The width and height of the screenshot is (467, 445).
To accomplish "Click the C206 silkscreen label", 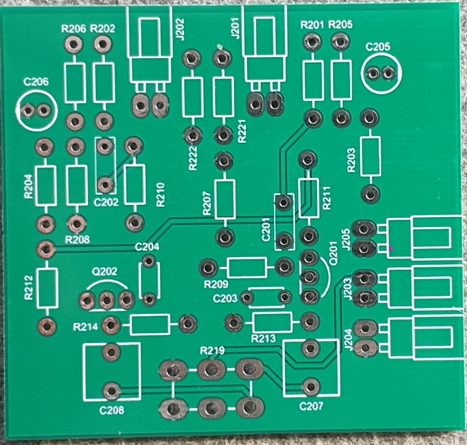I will (36, 82).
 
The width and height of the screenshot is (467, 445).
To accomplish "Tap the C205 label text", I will (378, 47).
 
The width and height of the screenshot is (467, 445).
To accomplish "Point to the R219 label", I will (212, 350).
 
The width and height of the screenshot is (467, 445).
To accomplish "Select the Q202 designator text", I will (105, 271).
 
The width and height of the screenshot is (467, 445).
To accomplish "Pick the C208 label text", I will (112, 411).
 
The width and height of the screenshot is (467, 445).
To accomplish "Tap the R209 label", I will (215, 284).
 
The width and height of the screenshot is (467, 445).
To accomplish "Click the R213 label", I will (263, 338).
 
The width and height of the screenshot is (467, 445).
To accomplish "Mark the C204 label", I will (147, 247).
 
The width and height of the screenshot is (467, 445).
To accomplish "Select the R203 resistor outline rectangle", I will (370, 156).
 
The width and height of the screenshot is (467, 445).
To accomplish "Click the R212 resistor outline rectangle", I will (47, 288).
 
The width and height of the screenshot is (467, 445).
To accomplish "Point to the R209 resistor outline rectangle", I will (247, 268).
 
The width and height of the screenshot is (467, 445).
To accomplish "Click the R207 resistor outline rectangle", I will (225, 199).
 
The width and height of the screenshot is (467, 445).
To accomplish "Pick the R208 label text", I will (78, 240).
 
